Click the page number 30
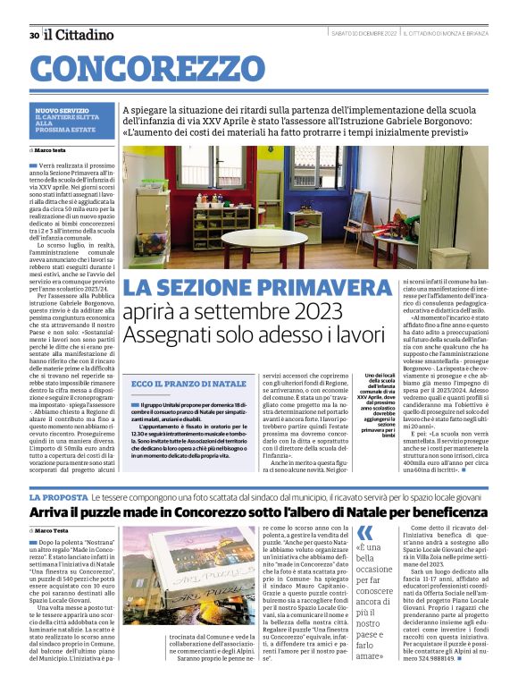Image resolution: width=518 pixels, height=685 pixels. [x=34, y=35]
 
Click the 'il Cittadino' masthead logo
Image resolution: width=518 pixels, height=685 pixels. [x=79, y=34]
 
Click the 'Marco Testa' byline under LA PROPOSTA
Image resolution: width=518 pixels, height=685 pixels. [x=59, y=532]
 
